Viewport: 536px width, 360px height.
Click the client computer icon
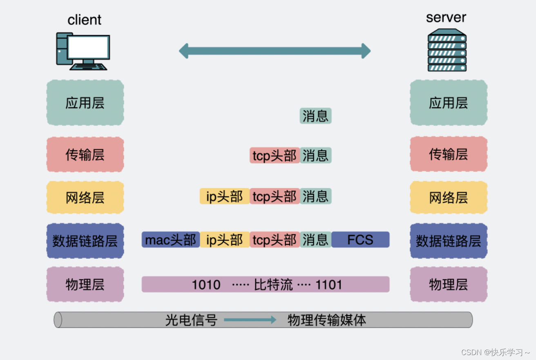point(83,51)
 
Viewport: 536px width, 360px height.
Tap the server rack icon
point(447,50)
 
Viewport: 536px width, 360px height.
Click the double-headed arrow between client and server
point(275,51)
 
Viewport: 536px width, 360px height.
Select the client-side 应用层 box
point(85,103)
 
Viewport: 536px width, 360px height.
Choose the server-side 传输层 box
point(448,154)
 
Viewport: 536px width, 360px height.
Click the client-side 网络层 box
point(85,198)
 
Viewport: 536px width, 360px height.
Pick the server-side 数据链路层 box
point(448,241)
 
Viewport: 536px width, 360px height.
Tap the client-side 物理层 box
point(85,284)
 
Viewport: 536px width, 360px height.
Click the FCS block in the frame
point(360,240)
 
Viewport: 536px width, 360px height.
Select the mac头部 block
point(171,240)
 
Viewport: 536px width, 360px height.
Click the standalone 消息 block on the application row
point(315,116)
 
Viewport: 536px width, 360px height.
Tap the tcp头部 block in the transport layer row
point(275,156)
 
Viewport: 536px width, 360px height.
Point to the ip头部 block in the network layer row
point(224,196)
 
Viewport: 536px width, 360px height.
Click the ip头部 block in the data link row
point(224,240)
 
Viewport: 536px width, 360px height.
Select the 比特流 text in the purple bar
point(273,284)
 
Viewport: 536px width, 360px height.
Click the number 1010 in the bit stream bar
point(206,284)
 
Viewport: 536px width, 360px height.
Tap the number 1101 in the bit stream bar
point(328,284)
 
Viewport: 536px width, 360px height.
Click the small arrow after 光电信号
point(250,320)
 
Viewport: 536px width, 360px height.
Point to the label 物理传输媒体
point(327,320)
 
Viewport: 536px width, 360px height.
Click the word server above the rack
point(446,18)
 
